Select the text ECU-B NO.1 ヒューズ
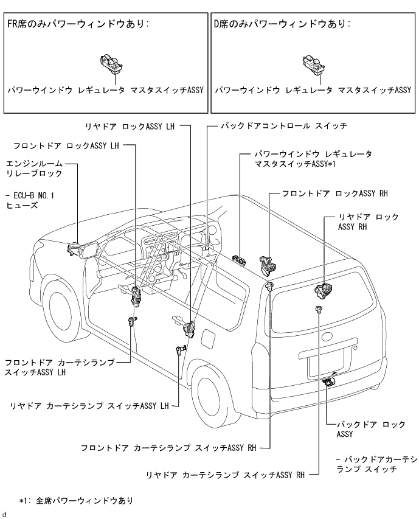click(29, 201)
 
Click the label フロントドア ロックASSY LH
click(66, 146)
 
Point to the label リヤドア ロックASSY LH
click(131, 127)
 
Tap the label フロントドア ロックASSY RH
click(334, 193)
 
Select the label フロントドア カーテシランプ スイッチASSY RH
click(167, 448)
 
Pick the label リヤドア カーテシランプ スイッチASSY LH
click(89, 405)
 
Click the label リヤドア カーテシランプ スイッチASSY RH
click(225, 475)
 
